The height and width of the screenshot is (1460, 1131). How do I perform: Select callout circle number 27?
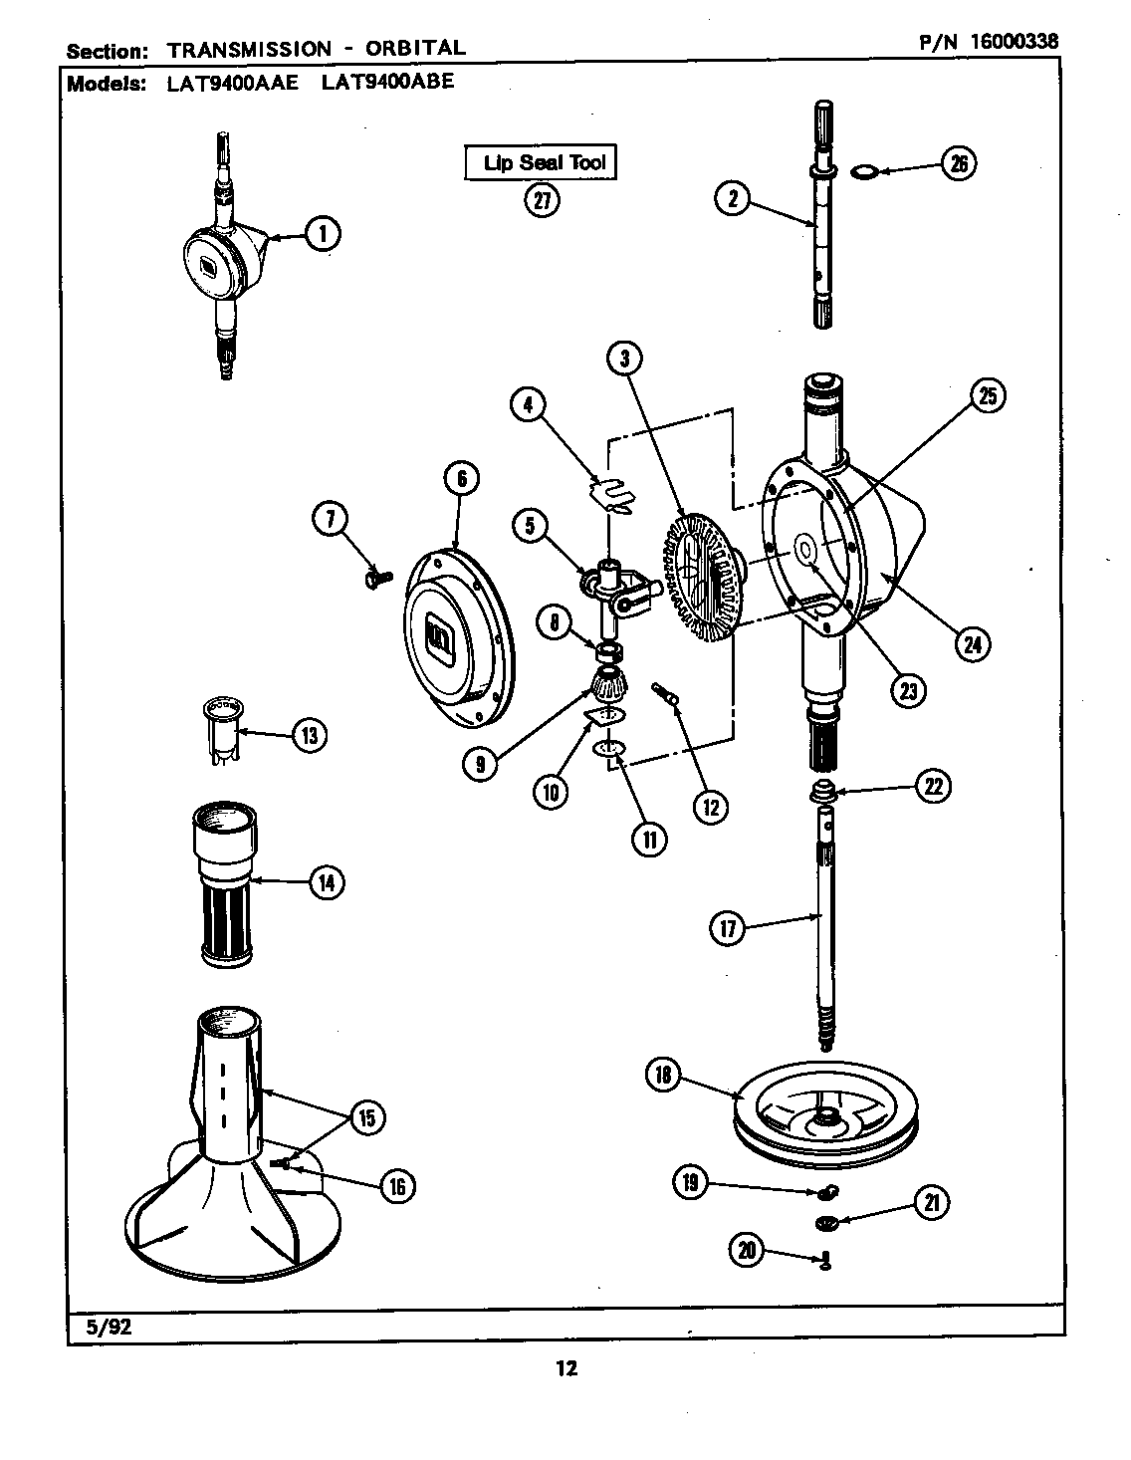click(x=542, y=201)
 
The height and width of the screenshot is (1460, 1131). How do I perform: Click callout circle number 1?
click(x=322, y=234)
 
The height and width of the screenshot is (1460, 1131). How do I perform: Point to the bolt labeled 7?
click(x=378, y=576)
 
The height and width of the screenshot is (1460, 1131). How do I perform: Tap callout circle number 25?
click(x=987, y=396)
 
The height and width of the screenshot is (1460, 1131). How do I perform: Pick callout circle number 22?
click(x=933, y=786)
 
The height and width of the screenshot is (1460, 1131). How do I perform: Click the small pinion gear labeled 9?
click(x=605, y=687)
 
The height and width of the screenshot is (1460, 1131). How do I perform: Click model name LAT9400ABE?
click(x=387, y=82)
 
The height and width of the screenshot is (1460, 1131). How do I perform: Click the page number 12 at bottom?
click(x=565, y=1368)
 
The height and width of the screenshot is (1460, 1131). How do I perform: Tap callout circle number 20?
click(x=748, y=1249)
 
